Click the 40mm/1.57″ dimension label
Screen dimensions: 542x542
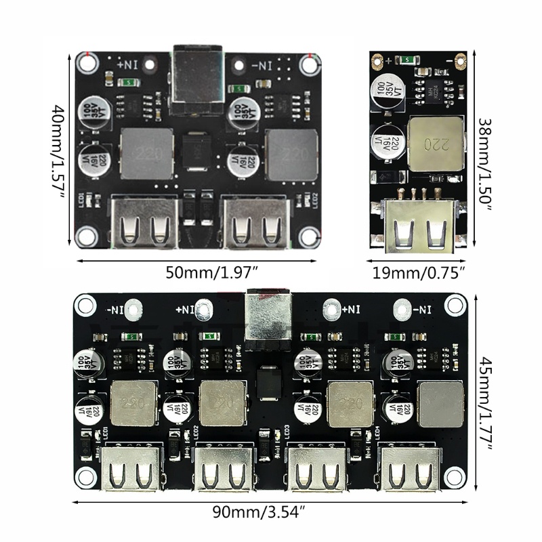pos(59,150)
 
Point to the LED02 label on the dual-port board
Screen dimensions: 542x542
pos(315,201)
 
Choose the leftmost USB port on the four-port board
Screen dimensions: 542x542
pos(128,470)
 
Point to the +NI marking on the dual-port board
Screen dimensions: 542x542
pos(129,66)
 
